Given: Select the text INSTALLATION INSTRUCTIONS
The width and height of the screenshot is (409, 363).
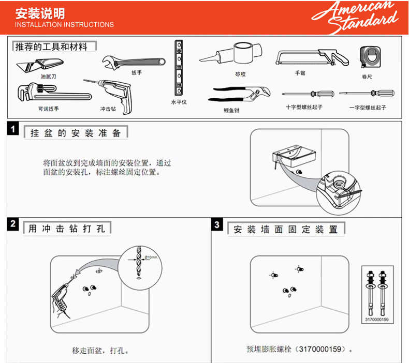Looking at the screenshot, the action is [64, 24].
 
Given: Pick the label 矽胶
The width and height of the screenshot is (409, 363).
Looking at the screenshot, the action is [240, 74].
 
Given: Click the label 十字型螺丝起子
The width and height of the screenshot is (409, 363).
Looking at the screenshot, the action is [304, 107].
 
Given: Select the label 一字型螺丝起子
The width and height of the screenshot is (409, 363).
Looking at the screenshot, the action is [368, 107].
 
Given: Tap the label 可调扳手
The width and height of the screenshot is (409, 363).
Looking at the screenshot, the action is [48, 109].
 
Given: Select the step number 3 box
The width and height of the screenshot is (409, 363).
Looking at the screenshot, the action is [217, 224].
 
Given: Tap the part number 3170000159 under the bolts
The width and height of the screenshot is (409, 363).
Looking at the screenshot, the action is [376, 320].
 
